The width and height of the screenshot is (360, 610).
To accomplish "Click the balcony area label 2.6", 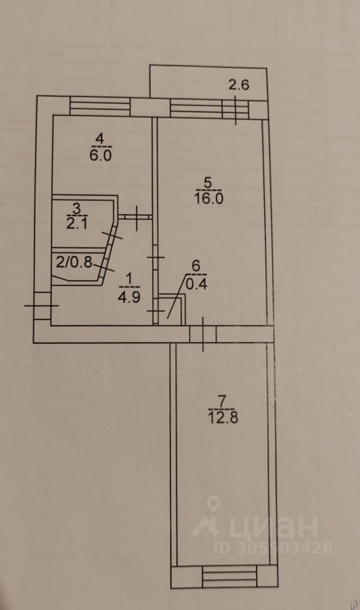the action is click(239, 85).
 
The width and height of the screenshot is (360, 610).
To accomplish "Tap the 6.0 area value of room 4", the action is click(101, 156).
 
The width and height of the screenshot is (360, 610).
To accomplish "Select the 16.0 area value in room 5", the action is click(208, 198).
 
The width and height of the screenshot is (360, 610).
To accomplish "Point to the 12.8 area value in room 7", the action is click(223, 418).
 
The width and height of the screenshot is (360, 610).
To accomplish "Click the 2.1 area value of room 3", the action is click(77, 224).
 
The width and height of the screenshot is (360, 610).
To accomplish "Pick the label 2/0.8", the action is click(74, 262).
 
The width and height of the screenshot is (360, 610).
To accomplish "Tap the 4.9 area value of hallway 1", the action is click(129, 297).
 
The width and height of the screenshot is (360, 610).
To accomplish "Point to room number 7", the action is click(222, 401).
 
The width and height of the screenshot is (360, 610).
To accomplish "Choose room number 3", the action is click(77, 208).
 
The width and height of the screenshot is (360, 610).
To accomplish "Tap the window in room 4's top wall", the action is click(100, 106).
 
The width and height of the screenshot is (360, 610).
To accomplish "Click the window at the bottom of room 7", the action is click(230, 576).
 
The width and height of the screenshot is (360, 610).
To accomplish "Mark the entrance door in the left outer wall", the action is click(42, 306).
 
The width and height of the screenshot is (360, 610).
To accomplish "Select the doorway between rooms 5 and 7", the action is click(203, 334).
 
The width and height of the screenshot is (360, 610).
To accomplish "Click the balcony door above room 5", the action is click(235, 109).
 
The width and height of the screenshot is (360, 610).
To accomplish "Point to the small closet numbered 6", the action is click(171, 309).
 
